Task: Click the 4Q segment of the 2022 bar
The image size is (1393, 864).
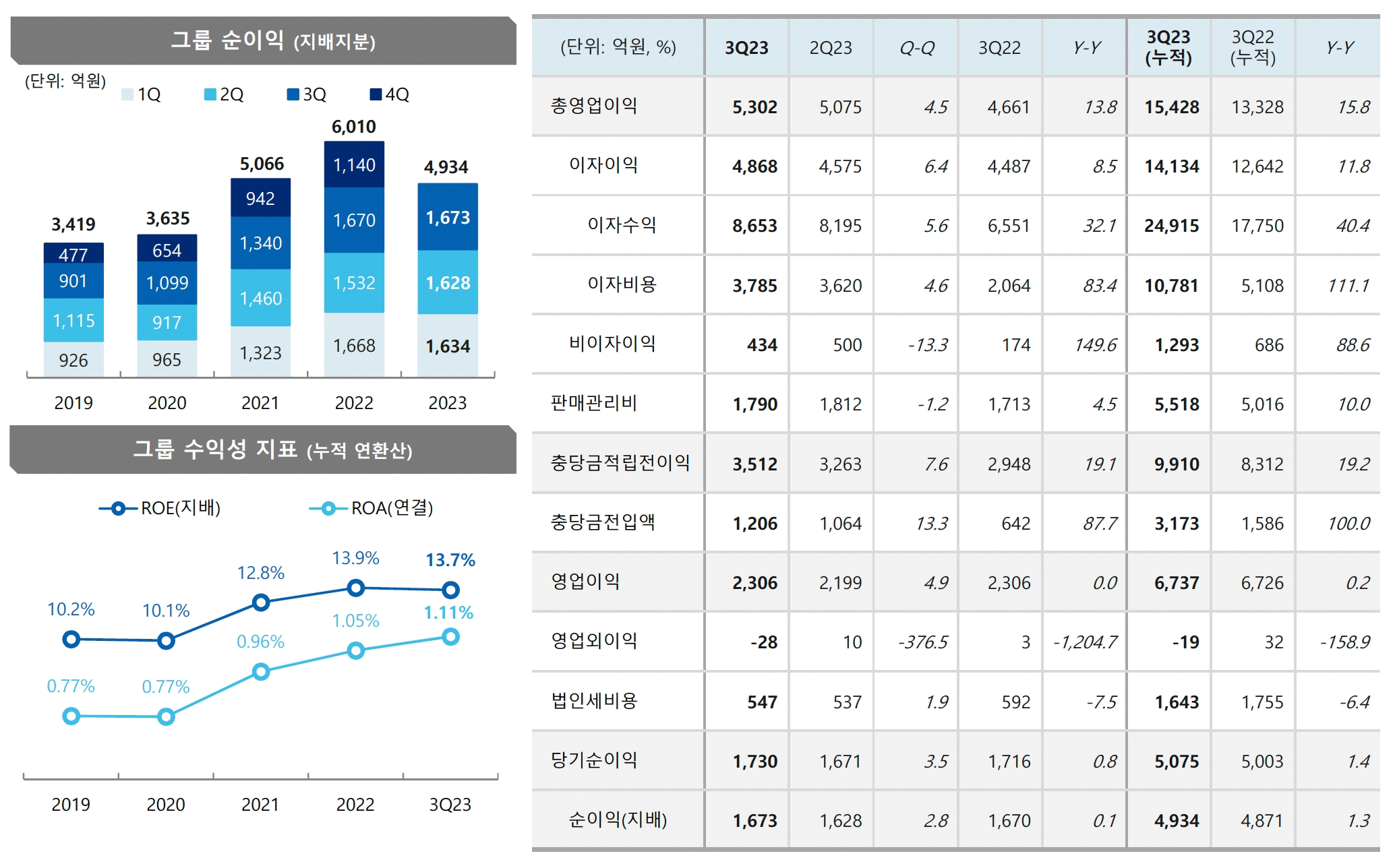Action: point(354,164)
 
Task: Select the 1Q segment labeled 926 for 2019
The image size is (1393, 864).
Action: point(73,360)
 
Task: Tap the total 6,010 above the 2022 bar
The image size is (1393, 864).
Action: point(354,127)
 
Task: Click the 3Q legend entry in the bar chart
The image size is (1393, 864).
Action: point(307,94)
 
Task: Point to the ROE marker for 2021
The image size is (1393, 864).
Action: point(261,603)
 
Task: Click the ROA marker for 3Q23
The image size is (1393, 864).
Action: point(450,637)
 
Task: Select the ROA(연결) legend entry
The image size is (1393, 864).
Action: point(372,508)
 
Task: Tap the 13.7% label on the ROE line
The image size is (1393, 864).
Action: point(450,560)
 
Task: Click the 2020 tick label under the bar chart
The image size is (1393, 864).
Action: point(167,403)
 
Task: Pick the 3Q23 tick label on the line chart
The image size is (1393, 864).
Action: point(450,805)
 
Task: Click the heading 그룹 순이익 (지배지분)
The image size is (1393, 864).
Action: point(272,40)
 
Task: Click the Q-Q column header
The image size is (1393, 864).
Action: point(916,48)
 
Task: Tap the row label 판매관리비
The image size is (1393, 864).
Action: point(594,404)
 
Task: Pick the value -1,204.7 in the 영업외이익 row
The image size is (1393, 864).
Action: point(1085,642)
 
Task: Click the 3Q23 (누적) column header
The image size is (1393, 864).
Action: point(1168,47)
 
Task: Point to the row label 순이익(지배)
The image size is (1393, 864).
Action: point(618,820)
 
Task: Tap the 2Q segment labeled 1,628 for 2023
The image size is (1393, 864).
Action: point(448,283)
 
